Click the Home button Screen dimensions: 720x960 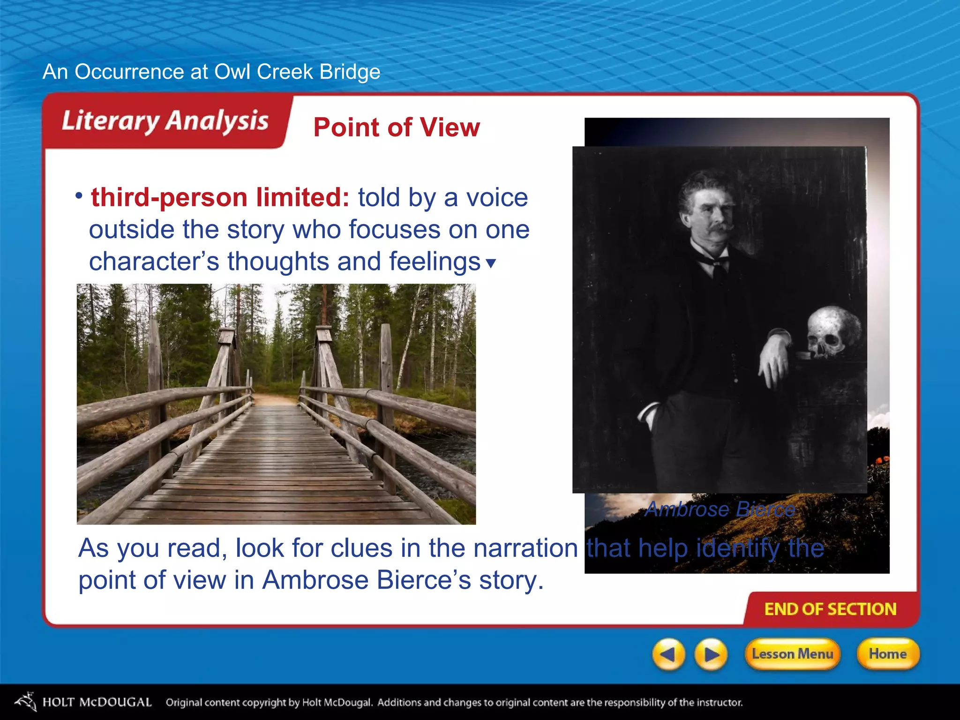[888, 654]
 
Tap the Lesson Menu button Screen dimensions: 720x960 [792, 654]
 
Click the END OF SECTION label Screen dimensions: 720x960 [830, 609]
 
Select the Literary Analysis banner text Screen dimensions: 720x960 [165, 121]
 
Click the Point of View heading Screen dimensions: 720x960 [397, 127]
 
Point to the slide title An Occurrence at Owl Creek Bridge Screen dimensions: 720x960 [211, 72]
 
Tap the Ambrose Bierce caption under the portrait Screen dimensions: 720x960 [720, 509]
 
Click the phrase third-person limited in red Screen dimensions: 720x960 [220, 197]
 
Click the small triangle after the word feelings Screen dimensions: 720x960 [491, 263]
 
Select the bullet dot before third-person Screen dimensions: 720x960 [79, 195]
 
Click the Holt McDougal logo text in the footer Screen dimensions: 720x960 [97, 702]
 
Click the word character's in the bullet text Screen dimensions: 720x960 [154, 262]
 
